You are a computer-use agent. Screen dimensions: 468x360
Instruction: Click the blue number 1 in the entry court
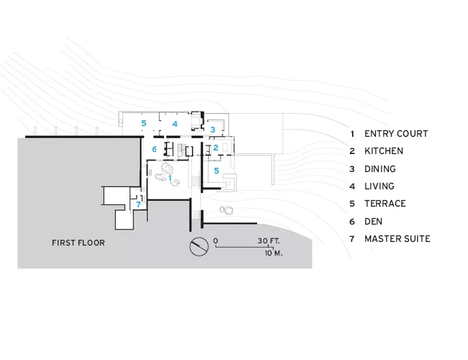tap(170, 178)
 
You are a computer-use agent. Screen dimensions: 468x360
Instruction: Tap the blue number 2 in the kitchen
tap(216, 148)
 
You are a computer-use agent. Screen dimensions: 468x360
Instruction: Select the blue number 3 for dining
tap(213, 130)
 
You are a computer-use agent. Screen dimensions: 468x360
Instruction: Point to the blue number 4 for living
tap(175, 124)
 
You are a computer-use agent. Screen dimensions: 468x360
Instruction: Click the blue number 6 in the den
tap(154, 149)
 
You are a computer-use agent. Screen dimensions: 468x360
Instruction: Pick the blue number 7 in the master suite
tap(138, 204)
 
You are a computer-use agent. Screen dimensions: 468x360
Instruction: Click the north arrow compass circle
tap(199, 246)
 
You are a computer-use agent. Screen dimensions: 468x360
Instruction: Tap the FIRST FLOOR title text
tap(78, 243)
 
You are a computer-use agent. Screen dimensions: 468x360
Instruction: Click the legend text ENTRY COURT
tap(396, 134)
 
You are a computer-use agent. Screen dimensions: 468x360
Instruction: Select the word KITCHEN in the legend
tap(384, 151)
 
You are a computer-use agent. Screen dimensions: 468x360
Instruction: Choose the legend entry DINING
tap(380, 169)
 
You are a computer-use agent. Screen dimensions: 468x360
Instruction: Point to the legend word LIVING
tap(379, 186)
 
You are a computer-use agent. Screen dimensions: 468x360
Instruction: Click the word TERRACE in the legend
tap(385, 204)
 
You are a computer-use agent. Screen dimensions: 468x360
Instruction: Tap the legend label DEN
tap(374, 222)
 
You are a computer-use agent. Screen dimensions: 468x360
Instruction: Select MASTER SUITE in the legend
tap(397, 239)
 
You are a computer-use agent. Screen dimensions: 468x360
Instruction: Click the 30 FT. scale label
tap(269, 241)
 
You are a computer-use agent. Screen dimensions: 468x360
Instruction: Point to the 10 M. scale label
tap(274, 253)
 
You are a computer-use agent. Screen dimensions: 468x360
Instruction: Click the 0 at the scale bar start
tap(216, 241)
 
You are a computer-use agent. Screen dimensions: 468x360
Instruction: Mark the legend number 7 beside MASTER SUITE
tap(352, 239)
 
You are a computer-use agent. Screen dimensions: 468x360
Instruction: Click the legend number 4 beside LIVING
tap(352, 186)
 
